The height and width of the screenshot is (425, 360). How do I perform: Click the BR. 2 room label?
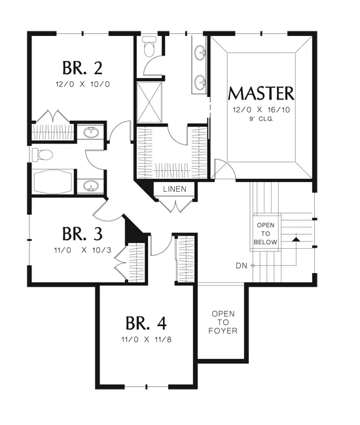coord(82,68)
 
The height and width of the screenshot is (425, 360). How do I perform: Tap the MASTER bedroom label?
coord(261,94)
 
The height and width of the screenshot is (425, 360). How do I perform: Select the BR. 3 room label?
coord(82,234)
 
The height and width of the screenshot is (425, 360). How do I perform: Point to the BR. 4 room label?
coord(146,323)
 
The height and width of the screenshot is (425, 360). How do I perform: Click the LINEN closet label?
coord(175,189)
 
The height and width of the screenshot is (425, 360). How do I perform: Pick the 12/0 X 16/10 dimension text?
coord(261,110)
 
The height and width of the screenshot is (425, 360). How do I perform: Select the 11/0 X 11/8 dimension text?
coord(146,339)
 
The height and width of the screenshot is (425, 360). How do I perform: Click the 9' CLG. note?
coord(261,119)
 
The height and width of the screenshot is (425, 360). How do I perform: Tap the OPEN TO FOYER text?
coord(223,322)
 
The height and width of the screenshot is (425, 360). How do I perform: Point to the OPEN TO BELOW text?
coord(266,233)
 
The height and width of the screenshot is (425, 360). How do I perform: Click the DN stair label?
coord(242,266)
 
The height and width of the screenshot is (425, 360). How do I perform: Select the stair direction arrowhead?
coord(296,240)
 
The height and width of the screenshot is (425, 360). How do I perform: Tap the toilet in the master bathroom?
coord(149,46)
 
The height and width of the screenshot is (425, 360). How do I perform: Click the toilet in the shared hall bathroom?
coord(43,155)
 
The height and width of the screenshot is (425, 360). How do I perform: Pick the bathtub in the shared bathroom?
coord(52,181)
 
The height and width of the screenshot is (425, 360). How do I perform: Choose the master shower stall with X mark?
coord(149,102)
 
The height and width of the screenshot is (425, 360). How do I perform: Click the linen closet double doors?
coord(175,206)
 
